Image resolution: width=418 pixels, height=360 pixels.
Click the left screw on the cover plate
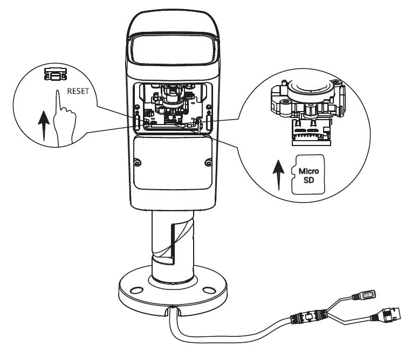[138, 162]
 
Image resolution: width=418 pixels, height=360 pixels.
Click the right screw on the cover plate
[208, 162]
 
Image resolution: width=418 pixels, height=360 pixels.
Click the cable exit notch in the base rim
[173, 311]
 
